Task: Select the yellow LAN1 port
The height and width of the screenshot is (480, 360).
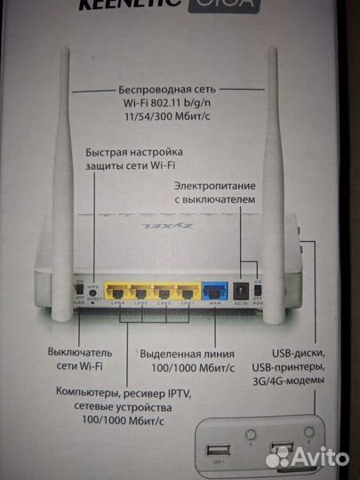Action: [185, 291]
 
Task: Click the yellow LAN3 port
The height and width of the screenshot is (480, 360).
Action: [140, 291]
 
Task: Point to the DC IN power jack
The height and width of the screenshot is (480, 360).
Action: [240, 291]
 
